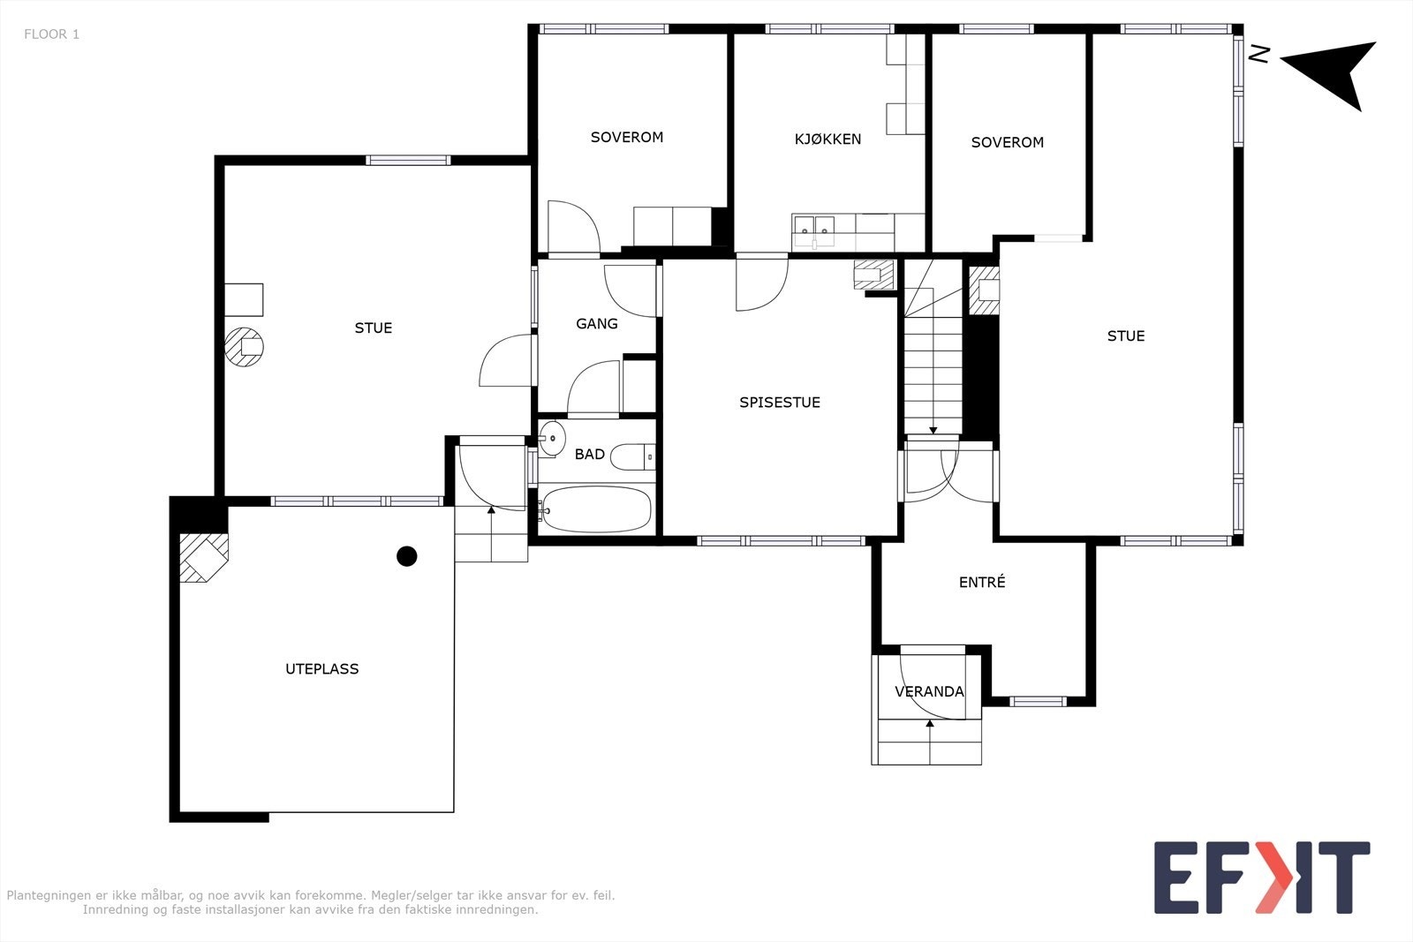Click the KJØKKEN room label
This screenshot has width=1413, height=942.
click(x=827, y=139)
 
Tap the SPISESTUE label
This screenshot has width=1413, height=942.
click(x=780, y=403)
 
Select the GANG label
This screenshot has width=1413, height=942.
click(x=597, y=323)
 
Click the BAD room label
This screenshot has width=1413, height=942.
click(x=590, y=454)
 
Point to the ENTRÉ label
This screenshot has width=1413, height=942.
click(x=982, y=581)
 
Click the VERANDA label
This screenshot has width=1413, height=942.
click(x=929, y=691)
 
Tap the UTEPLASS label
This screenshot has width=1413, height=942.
click(x=321, y=669)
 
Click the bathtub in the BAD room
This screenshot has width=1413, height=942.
click(x=596, y=509)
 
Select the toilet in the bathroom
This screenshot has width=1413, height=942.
click(x=632, y=456)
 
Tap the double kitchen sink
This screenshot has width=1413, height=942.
click(x=813, y=230)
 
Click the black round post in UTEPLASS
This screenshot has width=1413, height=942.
click(x=407, y=556)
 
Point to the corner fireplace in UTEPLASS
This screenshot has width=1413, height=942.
click(x=203, y=557)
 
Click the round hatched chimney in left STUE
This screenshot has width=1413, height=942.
click(x=244, y=347)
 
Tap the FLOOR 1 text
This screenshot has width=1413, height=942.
click(x=52, y=34)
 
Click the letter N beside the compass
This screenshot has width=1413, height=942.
click(x=1259, y=54)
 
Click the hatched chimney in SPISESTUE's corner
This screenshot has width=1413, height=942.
click(x=873, y=275)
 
